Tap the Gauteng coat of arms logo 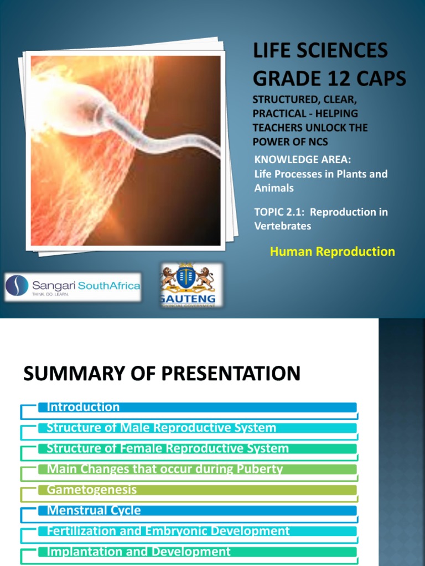click(x=191, y=284)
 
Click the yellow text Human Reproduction click(x=332, y=251)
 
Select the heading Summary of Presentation click(x=162, y=374)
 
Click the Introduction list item click(x=83, y=407)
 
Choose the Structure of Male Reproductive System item click(x=161, y=428)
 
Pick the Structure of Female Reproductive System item click(x=168, y=448)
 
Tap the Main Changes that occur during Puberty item click(x=165, y=469)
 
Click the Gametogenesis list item click(x=92, y=490)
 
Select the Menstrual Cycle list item click(x=94, y=510)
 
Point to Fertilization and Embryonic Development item click(x=168, y=531)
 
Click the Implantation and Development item click(x=138, y=552)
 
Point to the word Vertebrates click(x=283, y=226)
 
